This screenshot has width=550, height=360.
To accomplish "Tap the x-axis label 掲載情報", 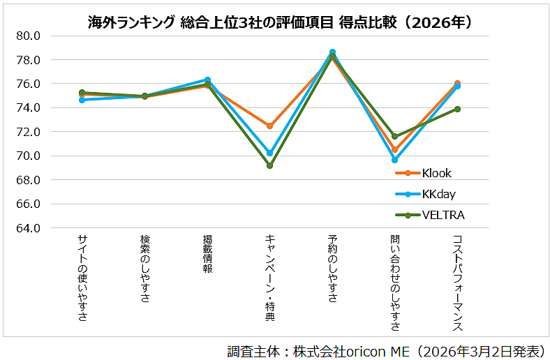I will [207, 255].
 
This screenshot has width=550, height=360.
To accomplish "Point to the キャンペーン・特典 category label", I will [270, 278].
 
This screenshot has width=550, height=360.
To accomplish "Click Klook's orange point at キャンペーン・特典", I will [270, 126].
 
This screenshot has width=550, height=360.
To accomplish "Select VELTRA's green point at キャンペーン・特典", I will [270, 165].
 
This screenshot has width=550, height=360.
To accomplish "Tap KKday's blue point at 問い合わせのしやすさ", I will [395, 160].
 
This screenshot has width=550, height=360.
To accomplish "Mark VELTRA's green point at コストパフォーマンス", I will [458, 109].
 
